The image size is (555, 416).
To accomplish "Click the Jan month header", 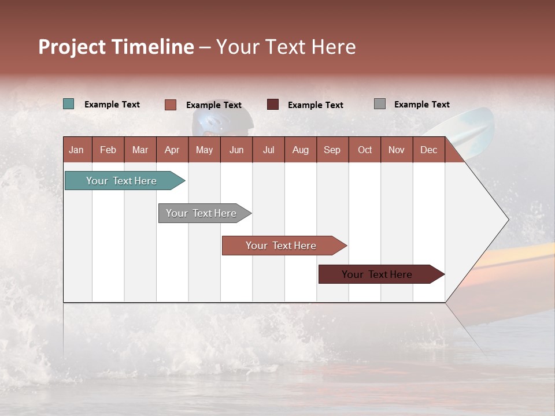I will pyautogui.click(x=77, y=150).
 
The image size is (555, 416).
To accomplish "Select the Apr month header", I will pyautogui.click(x=172, y=150).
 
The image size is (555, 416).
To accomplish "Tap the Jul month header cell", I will pyautogui.click(x=268, y=150).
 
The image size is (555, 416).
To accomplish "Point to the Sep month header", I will pyautogui.click(x=332, y=150).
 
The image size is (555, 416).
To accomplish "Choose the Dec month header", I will pyautogui.click(x=428, y=150).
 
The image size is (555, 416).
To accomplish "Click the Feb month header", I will pyautogui.click(x=108, y=150).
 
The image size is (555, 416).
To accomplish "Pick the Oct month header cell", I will pyautogui.click(x=365, y=150).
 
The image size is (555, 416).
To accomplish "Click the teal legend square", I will pyautogui.click(x=69, y=104).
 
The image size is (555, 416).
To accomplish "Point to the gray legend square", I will pyautogui.click(x=380, y=104).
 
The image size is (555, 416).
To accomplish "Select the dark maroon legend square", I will pyautogui.click(x=273, y=105).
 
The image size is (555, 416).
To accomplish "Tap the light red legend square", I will pyautogui.click(x=171, y=105).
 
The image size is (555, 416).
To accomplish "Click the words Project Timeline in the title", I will pyautogui.click(x=116, y=47).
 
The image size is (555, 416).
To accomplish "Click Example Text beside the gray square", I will pyautogui.click(x=421, y=105).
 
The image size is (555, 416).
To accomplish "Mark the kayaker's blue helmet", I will pyautogui.click(x=223, y=122).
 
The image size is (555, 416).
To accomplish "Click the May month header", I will pyautogui.click(x=204, y=150).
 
